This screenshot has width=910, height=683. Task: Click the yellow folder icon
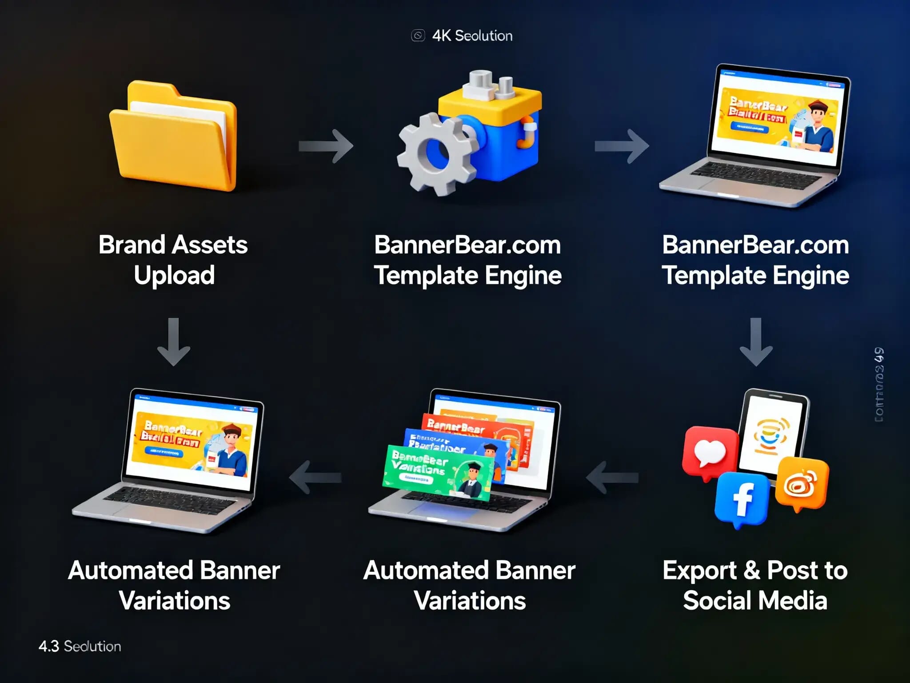(x=173, y=138)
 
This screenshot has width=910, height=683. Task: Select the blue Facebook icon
(x=741, y=499)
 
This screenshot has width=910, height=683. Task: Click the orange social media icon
(x=802, y=484)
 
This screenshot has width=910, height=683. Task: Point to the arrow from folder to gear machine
(x=326, y=146)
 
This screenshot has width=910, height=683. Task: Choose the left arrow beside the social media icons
(x=612, y=478)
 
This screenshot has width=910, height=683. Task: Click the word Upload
(x=174, y=275)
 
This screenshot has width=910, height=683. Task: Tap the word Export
(x=699, y=571)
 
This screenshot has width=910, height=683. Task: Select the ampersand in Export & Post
(x=751, y=571)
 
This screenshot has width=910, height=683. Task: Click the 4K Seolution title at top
(x=472, y=36)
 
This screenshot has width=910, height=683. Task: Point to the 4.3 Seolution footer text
(x=80, y=646)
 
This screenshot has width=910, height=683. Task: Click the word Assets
(x=210, y=245)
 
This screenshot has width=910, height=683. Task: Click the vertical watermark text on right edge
(x=879, y=385)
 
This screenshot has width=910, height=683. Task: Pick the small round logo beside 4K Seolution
(x=418, y=36)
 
